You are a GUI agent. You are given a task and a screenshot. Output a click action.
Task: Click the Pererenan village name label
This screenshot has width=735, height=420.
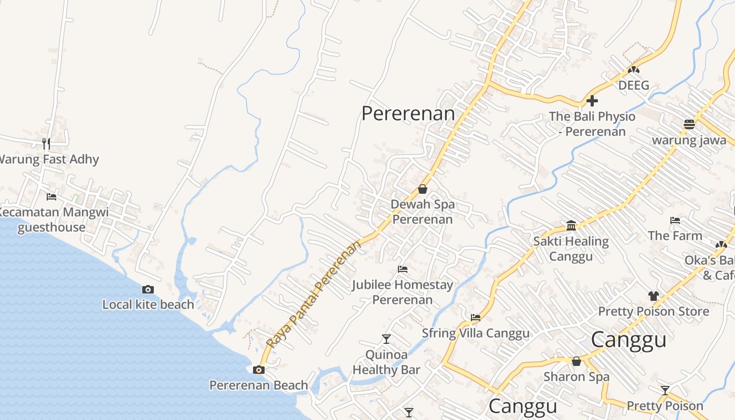408,113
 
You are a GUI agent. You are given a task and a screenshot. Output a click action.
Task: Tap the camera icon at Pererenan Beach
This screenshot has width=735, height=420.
258,370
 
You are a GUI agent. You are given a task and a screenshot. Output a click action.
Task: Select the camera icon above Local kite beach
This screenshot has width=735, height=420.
148,289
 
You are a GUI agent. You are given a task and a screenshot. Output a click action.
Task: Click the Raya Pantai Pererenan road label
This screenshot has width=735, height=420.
314,294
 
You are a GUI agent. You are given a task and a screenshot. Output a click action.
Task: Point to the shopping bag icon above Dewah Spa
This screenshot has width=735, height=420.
423,189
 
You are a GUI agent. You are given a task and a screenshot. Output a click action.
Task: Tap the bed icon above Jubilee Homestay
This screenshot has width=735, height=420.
403,269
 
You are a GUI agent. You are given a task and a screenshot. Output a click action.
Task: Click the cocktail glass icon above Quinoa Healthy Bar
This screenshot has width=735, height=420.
386,339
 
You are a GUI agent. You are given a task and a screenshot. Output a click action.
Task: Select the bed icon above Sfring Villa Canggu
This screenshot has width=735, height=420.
476,317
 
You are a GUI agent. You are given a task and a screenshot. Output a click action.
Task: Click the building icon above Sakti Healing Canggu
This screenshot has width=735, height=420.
571,226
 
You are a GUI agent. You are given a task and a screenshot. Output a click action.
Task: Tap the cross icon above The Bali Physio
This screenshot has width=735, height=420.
592,101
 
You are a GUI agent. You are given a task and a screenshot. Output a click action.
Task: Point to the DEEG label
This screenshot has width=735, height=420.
634,85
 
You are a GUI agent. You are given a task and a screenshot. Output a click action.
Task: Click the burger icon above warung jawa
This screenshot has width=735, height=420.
689,124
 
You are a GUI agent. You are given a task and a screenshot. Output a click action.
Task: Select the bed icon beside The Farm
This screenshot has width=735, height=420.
676,220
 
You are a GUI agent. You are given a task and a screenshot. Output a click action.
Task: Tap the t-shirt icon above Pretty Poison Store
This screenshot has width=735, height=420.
653,296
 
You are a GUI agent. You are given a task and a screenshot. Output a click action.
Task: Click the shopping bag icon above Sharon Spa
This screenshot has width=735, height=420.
576,361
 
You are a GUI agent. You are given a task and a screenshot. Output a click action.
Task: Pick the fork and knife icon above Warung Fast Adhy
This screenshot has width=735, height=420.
46,143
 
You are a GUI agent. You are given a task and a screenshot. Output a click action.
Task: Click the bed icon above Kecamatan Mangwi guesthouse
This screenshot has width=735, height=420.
51,197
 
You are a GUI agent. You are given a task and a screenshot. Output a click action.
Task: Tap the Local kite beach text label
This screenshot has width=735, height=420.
148,304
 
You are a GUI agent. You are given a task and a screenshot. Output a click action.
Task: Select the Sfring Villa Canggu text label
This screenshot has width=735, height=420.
476,333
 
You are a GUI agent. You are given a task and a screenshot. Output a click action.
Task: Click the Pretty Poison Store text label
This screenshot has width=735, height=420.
654,311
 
